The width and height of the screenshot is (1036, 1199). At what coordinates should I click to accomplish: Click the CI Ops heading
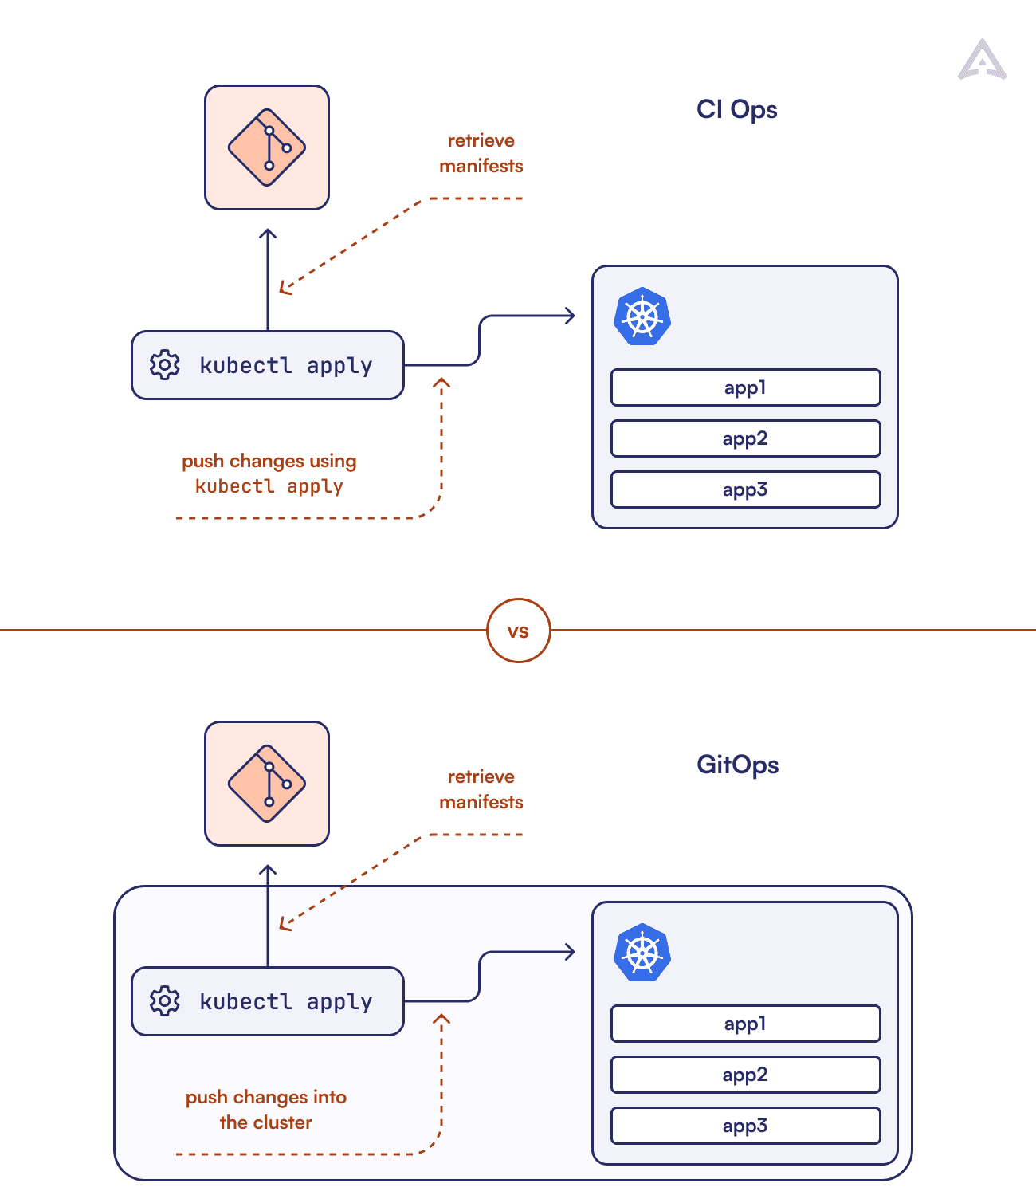coord(736,109)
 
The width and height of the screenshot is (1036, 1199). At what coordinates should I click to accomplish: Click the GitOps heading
coord(737,765)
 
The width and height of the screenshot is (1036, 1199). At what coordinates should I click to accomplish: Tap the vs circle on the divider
coord(518,631)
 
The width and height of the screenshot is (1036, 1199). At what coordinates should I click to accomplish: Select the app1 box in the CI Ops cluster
coord(745,387)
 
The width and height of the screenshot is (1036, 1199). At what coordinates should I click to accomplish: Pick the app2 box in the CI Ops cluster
coord(745,438)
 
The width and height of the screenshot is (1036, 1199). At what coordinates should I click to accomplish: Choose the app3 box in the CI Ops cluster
coord(745,489)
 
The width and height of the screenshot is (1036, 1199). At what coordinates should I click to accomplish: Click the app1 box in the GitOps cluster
coord(745,1024)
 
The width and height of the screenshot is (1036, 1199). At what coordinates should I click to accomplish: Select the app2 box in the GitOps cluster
coord(745,1075)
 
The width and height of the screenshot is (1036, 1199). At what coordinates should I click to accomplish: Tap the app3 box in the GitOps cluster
coord(745,1126)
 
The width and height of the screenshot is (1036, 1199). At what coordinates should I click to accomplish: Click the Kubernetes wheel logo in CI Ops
coord(642,316)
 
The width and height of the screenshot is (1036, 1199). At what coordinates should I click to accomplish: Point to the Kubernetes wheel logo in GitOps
coord(642,953)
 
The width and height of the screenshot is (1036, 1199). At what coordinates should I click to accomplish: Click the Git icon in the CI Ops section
coord(267,147)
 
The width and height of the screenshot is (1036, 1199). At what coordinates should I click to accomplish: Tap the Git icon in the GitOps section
coord(267,784)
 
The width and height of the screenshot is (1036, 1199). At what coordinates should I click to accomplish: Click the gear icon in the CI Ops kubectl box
coord(165,365)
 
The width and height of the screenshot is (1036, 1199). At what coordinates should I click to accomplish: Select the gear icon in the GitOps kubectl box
coord(165,1001)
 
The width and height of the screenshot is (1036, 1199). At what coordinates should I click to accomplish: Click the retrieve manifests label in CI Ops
coord(481,153)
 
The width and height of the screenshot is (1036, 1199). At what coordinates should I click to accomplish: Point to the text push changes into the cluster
coord(266,1110)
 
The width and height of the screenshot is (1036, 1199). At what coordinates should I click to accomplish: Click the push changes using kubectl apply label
coord(269,474)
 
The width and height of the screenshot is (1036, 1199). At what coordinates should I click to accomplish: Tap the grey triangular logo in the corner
coord(983,61)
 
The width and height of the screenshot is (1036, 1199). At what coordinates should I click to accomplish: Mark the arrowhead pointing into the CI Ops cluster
coord(570,316)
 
